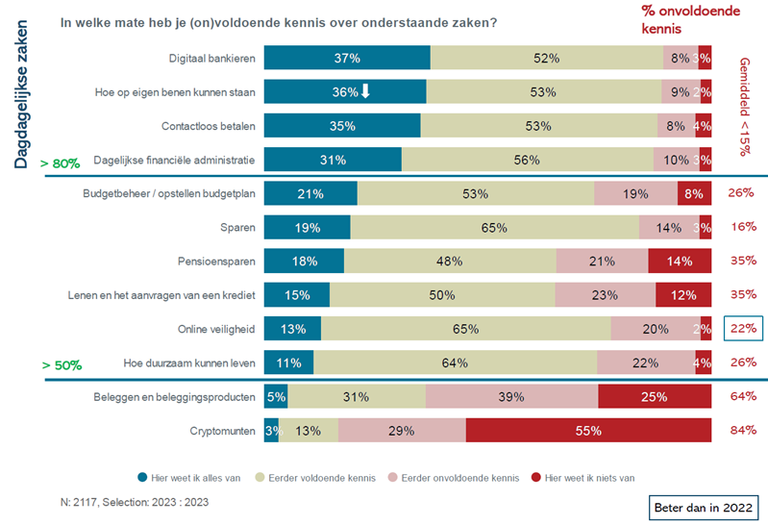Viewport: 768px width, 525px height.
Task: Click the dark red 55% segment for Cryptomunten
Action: click(588, 430)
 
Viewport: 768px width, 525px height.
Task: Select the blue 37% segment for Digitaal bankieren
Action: click(346, 59)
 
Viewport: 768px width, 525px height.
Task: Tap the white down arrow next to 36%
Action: click(365, 92)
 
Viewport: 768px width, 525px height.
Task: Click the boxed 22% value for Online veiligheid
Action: click(742, 329)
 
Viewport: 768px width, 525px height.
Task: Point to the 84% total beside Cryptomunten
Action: click(742, 430)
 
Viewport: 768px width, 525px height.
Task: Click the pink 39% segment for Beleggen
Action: click(511, 396)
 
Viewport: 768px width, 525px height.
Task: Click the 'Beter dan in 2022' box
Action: click(704, 506)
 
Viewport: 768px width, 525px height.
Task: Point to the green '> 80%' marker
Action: click(60, 164)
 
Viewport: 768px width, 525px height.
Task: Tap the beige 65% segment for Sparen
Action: click(494, 228)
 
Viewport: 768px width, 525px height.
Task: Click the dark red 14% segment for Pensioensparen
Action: click(680, 262)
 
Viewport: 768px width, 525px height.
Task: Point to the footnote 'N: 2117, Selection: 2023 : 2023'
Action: click(134, 502)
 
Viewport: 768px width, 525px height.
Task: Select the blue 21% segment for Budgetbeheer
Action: click(310, 194)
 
